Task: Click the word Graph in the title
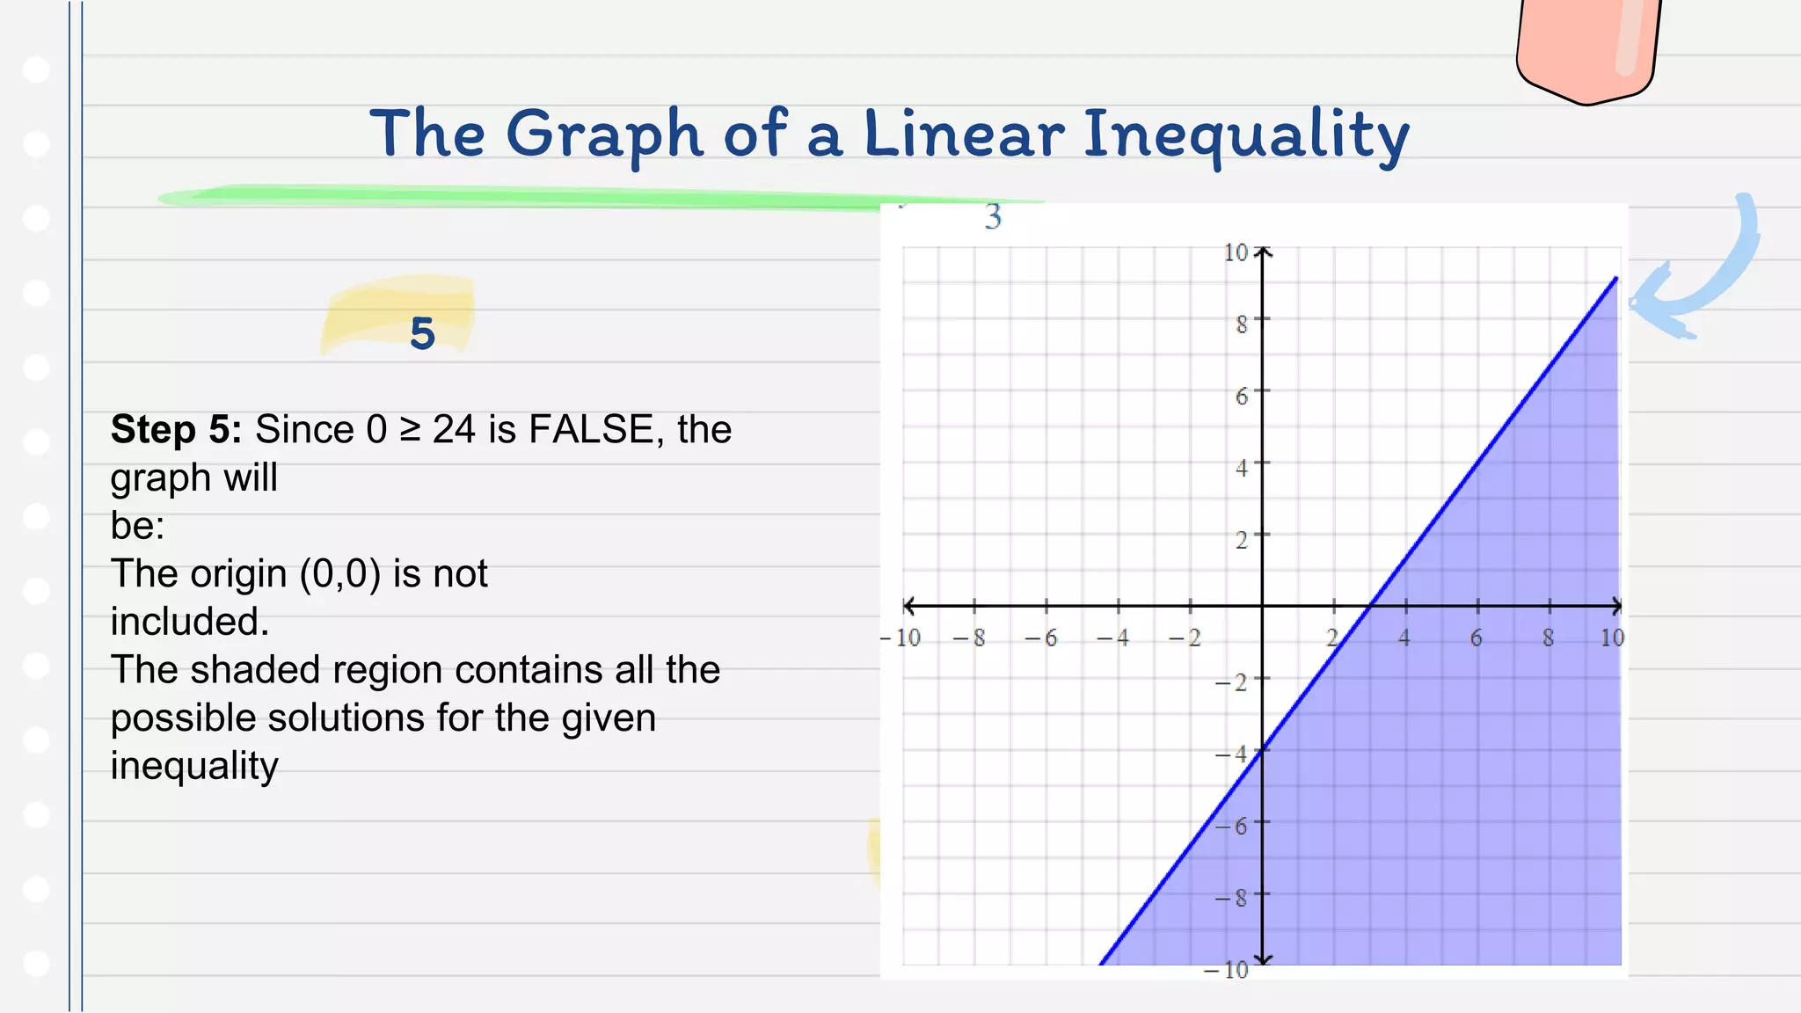[x=604, y=135]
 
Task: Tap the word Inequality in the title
[x=1245, y=135]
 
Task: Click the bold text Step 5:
[x=176, y=430]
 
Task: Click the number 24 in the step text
[x=454, y=430]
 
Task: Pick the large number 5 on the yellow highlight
[x=422, y=334]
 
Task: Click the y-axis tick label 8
[x=1241, y=325]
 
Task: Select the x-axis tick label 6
[x=1476, y=638]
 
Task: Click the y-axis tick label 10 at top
[x=1236, y=253]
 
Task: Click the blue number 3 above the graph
[x=993, y=216]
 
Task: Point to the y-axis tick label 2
[x=1241, y=540]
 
